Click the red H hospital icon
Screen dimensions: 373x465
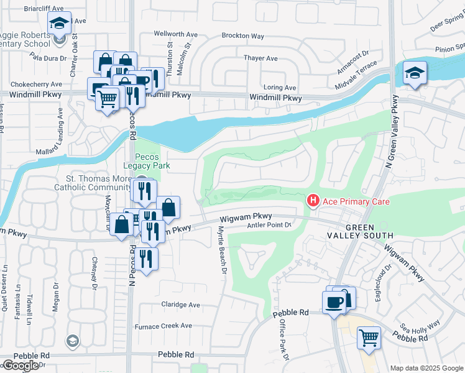[x=313, y=200]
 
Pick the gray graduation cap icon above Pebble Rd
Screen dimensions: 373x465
[x=73, y=341]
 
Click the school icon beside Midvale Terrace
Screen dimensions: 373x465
[x=415, y=72]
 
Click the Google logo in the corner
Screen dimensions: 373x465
[x=21, y=366]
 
